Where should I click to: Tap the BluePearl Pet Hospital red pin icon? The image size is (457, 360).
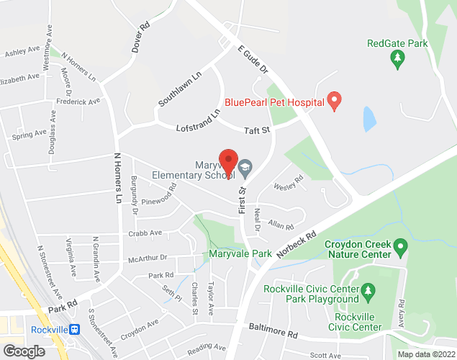pos(334,100)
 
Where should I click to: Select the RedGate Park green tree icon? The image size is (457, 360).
pos(397,61)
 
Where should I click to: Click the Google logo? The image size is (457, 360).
pos(23,351)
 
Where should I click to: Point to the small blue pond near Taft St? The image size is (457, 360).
pos(369,118)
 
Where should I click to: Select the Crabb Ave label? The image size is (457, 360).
pos(145,233)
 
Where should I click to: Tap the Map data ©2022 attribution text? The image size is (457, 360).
pos(427,354)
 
